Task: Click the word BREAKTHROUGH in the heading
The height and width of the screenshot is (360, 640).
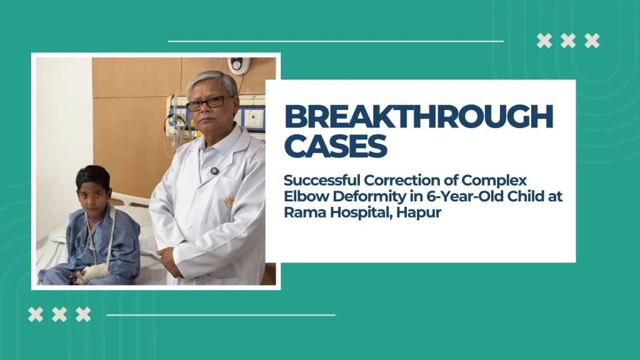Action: point(419,116)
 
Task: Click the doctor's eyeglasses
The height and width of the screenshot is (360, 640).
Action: point(208,102)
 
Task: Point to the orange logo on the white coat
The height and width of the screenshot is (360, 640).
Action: point(229,201)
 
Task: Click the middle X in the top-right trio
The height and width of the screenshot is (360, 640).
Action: point(568,41)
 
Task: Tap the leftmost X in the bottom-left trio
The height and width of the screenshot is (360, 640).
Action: point(36,314)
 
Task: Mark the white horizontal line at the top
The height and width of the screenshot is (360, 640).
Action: point(336,41)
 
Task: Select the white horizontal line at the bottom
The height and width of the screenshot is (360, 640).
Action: point(221,315)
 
